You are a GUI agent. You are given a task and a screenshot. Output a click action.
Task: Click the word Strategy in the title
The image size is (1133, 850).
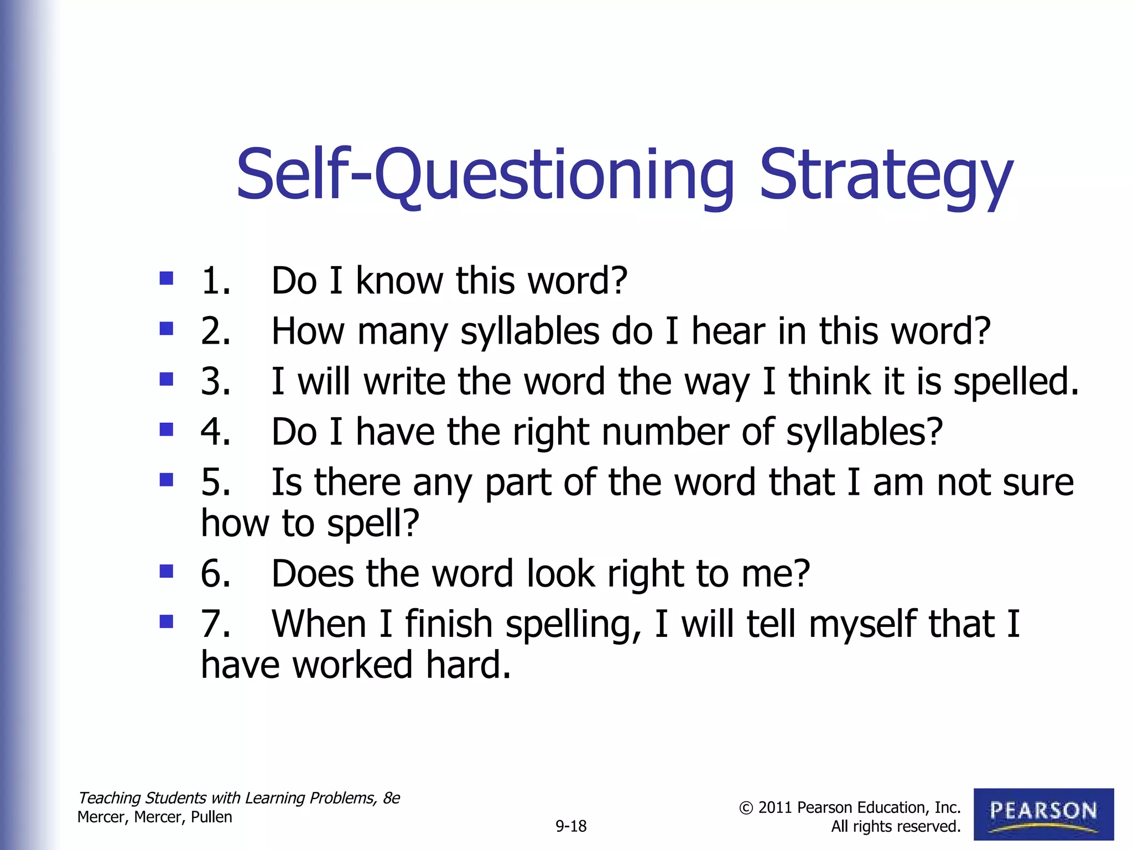click(x=886, y=176)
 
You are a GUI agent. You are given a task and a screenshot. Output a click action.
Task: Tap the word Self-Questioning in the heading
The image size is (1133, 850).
click(x=485, y=176)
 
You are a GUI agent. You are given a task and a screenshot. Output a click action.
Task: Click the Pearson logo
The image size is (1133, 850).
click(x=1043, y=814)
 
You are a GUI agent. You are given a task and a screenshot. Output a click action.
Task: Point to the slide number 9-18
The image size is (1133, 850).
click(x=571, y=826)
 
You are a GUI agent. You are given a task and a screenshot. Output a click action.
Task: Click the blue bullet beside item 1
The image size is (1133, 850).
click(x=166, y=278)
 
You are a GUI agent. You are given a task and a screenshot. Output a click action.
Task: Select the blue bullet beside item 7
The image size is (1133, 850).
click(x=166, y=621)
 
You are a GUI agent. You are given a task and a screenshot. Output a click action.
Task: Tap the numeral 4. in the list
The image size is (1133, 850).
click(x=216, y=431)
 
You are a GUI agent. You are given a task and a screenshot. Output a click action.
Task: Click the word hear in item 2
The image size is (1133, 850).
click(x=728, y=331)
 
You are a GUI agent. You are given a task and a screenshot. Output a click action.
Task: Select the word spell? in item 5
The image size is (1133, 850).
click(x=373, y=523)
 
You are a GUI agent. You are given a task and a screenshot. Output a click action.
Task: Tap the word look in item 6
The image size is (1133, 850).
click(x=561, y=573)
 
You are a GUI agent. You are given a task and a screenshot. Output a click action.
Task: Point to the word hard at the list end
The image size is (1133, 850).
click(x=468, y=665)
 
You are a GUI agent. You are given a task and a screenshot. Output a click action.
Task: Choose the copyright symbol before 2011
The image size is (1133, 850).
click(x=746, y=808)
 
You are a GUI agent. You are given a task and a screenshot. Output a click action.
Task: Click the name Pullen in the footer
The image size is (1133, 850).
click(x=211, y=817)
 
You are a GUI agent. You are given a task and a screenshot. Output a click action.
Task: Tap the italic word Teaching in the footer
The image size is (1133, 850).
click(x=110, y=798)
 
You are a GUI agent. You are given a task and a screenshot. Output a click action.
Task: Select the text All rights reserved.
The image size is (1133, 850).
click(x=896, y=827)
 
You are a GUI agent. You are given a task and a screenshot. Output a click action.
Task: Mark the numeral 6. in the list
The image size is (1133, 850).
click(x=216, y=573)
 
